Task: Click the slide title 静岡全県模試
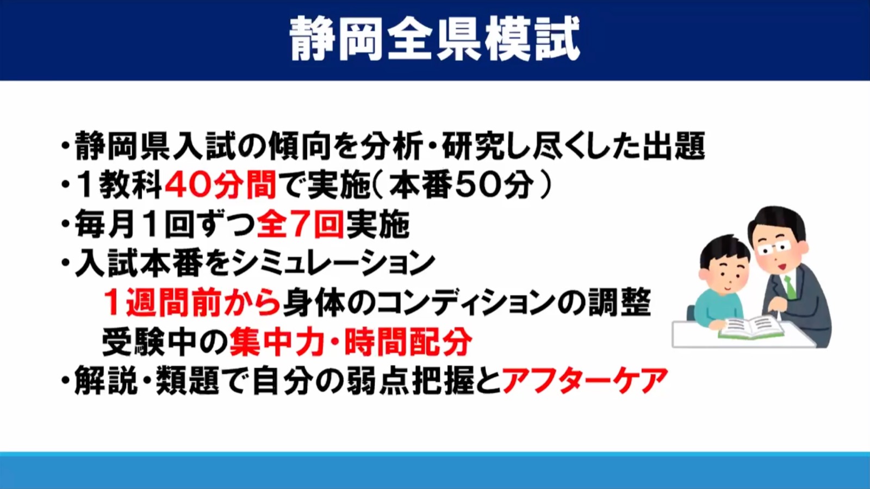pyautogui.click(x=434, y=39)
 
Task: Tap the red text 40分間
pyautogui.click(x=221, y=185)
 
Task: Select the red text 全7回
pyautogui.click(x=300, y=224)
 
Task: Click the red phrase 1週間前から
pyautogui.click(x=192, y=302)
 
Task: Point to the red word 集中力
pyautogui.click(x=277, y=342)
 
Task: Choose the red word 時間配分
pyautogui.click(x=408, y=342)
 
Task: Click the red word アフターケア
pyautogui.click(x=585, y=381)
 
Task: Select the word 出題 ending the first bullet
pyautogui.click(x=674, y=146)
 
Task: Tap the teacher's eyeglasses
pyautogui.click(x=774, y=248)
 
